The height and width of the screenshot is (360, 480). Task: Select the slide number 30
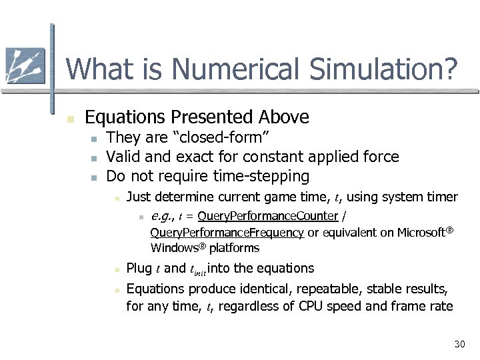[x=459, y=344]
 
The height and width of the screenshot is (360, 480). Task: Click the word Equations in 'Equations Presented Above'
[x=125, y=117]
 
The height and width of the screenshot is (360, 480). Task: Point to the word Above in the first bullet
[x=284, y=117]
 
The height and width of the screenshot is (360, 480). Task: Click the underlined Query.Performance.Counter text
[x=268, y=216]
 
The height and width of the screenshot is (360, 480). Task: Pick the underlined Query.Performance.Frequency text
[x=227, y=233]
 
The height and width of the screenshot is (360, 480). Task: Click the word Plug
[x=139, y=268]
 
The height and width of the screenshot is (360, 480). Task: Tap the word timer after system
[x=442, y=197]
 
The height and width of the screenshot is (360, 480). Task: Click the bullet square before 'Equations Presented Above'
[x=70, y=119]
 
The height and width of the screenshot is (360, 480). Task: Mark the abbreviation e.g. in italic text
[x=162, y=216]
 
